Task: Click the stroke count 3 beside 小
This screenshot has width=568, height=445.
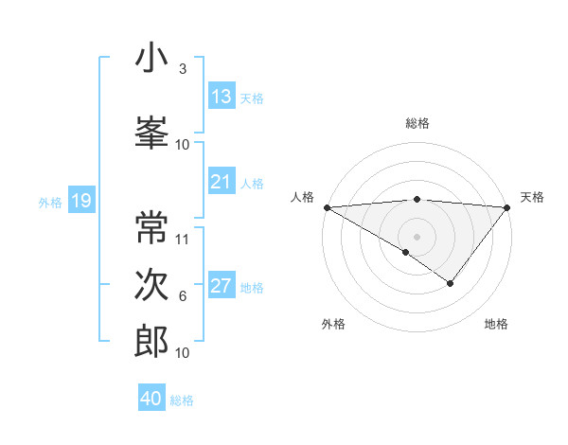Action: tap(183, 69)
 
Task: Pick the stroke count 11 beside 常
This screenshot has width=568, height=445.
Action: tap(183, 239)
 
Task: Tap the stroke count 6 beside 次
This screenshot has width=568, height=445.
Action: tap(183, 296)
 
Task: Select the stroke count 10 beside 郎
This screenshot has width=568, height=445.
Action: tap(183, 353)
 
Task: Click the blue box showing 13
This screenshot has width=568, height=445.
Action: tap(222, 96)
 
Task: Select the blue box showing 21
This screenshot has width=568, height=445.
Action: tap(222, 182)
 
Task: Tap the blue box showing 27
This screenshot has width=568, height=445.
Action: tap(222, 286)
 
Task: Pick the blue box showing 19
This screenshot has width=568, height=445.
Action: tap(80, 200)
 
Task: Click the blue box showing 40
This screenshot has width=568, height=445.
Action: tap(151, 399)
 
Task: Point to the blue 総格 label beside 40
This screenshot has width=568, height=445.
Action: tap(182, 400)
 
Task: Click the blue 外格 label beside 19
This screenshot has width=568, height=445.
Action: tap(48, 202)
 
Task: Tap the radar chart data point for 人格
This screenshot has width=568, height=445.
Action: tap(327, 207)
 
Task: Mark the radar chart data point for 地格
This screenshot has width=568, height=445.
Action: tap(451, 283)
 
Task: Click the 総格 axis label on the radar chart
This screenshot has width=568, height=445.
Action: tap(417, 123)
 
